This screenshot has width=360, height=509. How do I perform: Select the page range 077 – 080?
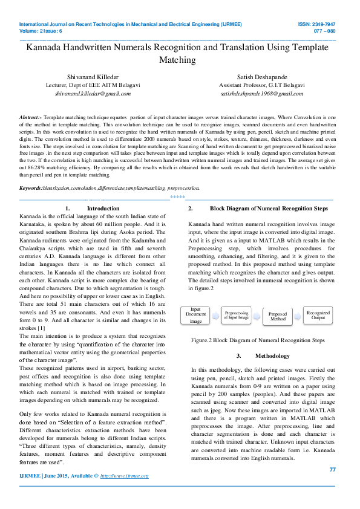[x=324, y=31]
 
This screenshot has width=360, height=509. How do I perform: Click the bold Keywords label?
[x=31, y=172]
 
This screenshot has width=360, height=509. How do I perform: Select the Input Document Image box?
[x=195, y=315]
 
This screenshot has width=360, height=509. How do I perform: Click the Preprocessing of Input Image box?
[x=236, y=314]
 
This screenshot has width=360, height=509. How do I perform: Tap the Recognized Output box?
[x=318, y=315]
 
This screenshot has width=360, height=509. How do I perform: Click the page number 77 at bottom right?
[x=332, y=470]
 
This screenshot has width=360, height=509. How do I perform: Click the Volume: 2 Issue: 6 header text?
[x=42, y=31]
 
